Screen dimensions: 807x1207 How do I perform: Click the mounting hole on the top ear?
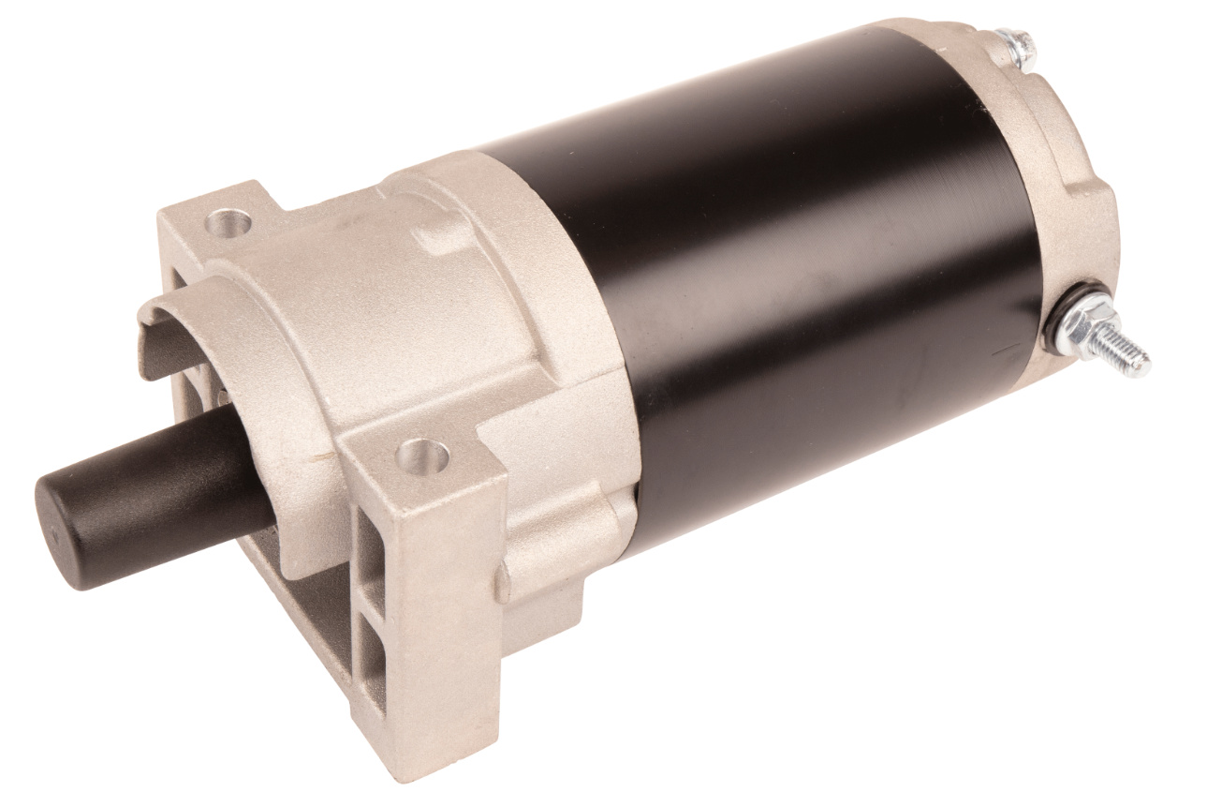(x=229, y=223)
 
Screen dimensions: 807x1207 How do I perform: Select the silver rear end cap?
(x=1077, y=159)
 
